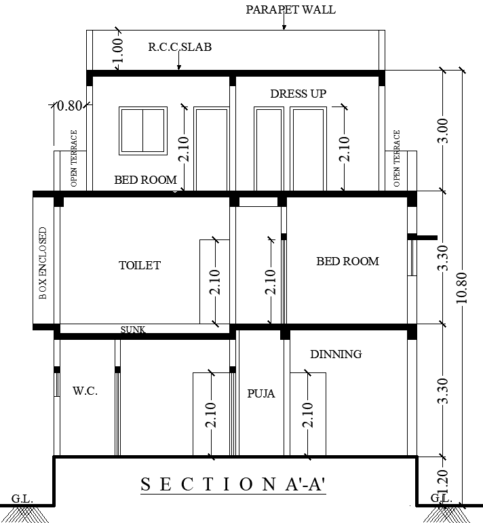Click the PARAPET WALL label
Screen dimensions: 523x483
[x=290, y=9]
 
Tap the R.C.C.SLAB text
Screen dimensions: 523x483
[x=180, y=47]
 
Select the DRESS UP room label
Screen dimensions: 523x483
[x=298, y=94]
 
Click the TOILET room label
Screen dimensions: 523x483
[x=140, y=265]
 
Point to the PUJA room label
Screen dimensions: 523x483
[x=261, y=393]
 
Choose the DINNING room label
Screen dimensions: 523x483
[x=336, y=354]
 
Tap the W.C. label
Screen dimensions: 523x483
[x=85, y=391]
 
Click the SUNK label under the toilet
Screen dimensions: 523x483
[x=133, y=330]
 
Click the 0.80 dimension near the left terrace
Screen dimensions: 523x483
[x=69, y=106]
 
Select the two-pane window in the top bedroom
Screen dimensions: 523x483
[x=143, y=130]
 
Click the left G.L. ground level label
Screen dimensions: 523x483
[x=22, y=499]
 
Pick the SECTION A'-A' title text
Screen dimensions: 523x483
[x=233, y=484]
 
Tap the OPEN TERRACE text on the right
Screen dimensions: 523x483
[x=397, y=159]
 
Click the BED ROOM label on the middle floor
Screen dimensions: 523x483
[x=347, y=261]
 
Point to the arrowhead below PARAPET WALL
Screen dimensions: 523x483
[x=284, y=27]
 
